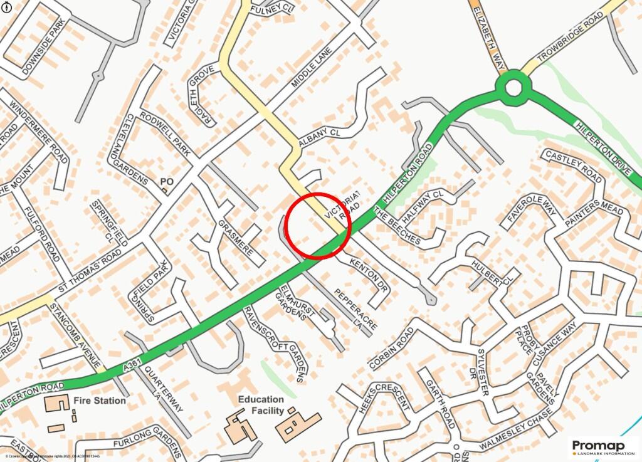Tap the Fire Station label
tap(99, 400)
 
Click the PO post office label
tap(167, 182)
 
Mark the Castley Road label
tap(573, 165)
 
